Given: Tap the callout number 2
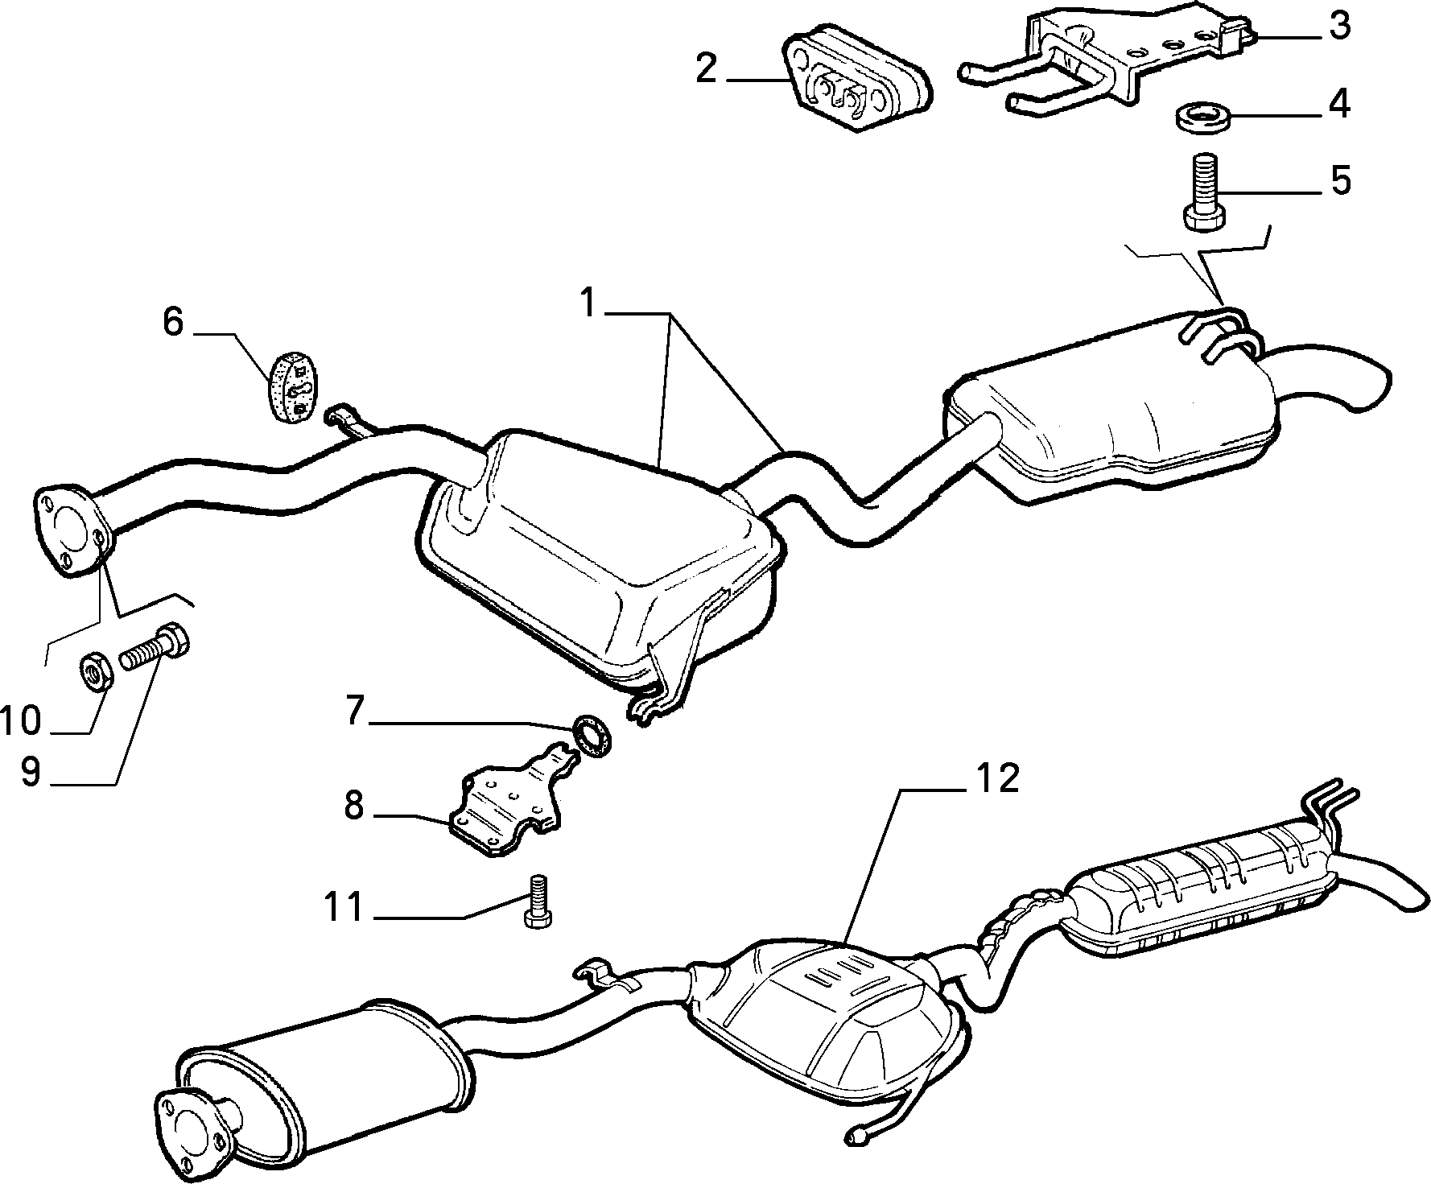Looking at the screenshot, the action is (x=706, y=69).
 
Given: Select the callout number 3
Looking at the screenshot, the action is (x=1338, y=27).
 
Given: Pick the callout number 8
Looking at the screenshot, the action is (x=354, y=805).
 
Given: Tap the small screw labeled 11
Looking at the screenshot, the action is (x=537, y=901).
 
